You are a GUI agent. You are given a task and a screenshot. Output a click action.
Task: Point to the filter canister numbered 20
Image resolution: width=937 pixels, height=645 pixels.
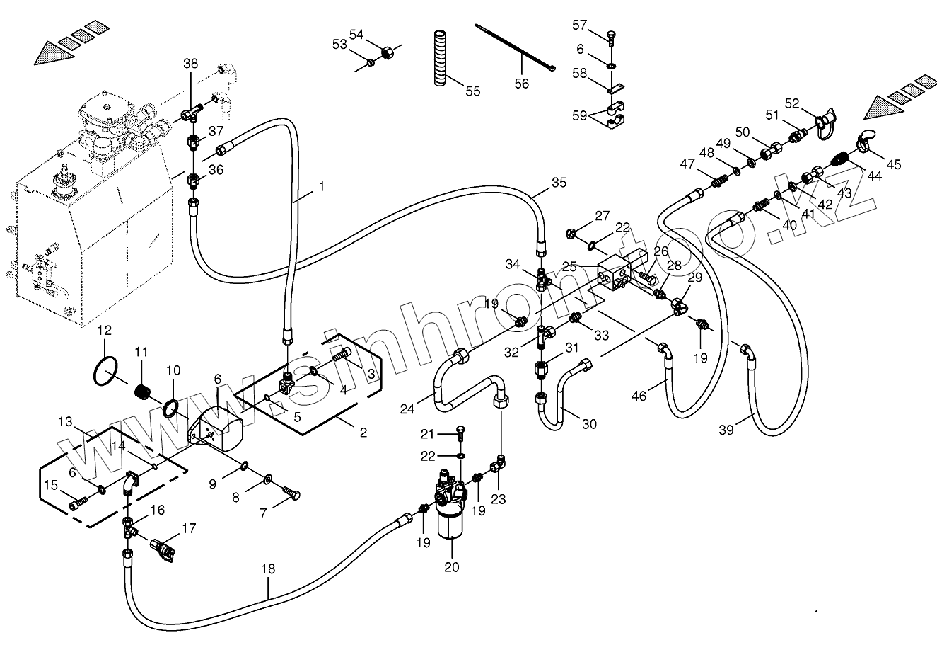click(450, 520)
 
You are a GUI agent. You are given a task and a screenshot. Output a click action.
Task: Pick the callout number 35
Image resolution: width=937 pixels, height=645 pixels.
click(559, 182)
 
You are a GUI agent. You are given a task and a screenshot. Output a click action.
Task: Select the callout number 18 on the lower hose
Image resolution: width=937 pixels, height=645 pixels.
click(268, 569)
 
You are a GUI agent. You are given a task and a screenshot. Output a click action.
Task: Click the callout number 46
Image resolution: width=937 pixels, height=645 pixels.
click(639, 396)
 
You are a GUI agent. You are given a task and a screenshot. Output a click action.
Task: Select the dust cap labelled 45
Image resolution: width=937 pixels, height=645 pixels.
click(866, 142)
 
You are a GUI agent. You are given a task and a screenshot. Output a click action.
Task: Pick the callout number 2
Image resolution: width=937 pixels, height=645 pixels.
click(363, 433)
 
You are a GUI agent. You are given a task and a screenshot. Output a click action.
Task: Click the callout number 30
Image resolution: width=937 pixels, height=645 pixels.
click(589, 424)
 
